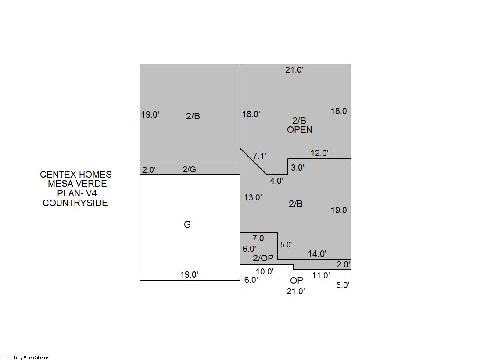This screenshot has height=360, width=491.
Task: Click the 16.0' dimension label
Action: tap(251, 114)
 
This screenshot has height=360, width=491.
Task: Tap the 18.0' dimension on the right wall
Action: tap(340, 111)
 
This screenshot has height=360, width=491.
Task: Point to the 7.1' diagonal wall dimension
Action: tap(260, 156)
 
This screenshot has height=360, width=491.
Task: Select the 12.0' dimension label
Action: tap(319, 153)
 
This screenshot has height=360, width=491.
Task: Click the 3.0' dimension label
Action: tap(297, 168)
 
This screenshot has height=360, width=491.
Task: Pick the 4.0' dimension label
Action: tap(276, 181)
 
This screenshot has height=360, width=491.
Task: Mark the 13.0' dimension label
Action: tap(253, 197)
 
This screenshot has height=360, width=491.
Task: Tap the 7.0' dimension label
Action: tap(259, 239)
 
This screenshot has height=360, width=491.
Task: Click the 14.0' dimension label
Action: tap(317, 254)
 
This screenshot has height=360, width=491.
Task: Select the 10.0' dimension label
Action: tap(265, 272)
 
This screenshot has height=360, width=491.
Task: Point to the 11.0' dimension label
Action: tap(321, 276)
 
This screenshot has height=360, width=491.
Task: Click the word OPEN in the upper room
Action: tap(300, 130)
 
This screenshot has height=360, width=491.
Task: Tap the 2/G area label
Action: tap(190, 169)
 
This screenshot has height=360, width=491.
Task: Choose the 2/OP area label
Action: tap(263, 258)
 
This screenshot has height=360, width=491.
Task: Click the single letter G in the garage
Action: tap(187, 225)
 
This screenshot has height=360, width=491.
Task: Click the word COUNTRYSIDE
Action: tap(75, 203)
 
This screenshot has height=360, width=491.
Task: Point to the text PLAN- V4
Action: tap(77, 193)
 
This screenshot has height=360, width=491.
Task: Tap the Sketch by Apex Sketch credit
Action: tap(26, 357)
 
